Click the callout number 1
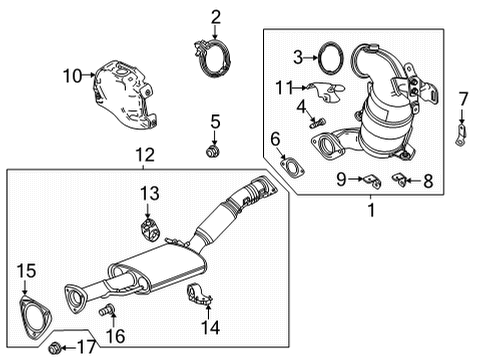369,211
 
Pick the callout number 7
464,98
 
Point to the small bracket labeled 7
461,133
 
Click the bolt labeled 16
103,313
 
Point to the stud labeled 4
321,122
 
